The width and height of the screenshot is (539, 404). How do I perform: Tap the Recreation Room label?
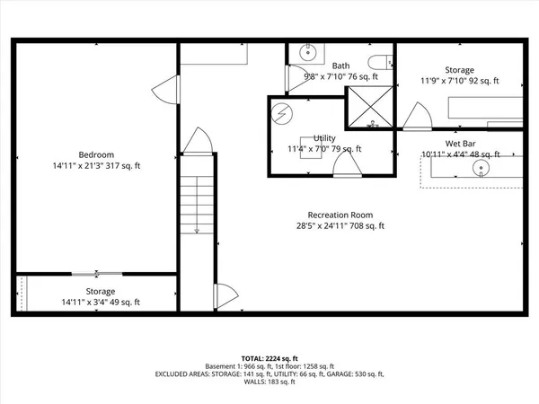point(340,215)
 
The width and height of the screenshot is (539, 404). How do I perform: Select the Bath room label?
point(341,66)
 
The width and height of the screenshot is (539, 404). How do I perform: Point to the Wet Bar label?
point(460,143)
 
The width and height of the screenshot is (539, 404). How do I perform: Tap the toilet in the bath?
point(385,62)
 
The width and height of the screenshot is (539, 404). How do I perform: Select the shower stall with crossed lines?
point(368,107)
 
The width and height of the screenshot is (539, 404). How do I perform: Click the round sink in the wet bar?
point(483,168)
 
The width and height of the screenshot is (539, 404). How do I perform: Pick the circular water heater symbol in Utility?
point(283,115)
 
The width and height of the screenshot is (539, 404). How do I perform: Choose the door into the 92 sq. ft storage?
point(415,115)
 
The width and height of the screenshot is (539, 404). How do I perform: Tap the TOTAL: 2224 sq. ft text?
point(269,357)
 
